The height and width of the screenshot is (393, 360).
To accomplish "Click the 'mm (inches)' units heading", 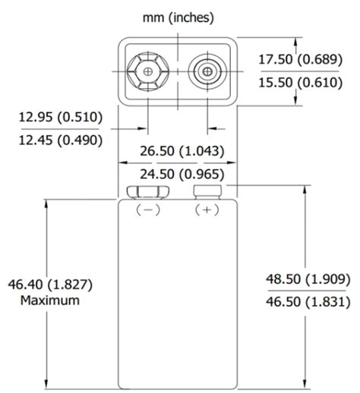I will point(178,17).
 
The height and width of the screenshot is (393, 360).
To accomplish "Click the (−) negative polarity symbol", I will point(147,211).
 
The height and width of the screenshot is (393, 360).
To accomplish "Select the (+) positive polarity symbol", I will point(207,211).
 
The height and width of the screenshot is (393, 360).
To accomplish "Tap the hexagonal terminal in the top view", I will point(147,71).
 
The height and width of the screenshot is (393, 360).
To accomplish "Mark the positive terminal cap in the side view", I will point(207,190).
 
